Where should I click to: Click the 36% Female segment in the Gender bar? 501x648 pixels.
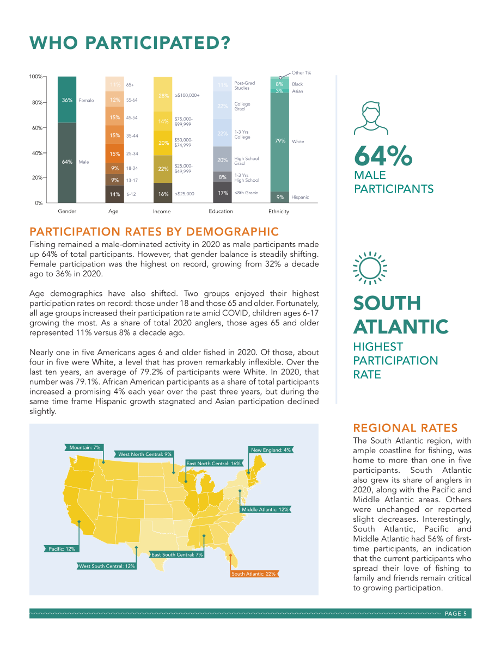67,100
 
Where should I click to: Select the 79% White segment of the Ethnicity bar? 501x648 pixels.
280,143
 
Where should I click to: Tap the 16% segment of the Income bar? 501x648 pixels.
163,193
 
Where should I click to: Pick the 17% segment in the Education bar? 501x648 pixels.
223,192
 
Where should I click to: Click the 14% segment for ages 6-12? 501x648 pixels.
114,194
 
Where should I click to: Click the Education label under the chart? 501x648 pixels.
221,211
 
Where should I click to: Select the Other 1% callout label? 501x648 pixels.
301,73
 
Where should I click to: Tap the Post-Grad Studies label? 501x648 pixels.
245,85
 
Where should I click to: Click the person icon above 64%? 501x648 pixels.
371,119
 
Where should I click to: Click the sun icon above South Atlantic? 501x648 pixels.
370,268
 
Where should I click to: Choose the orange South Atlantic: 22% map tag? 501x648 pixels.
254,573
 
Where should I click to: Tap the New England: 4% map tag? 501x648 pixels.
271,450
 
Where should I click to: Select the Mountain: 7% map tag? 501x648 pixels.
84,448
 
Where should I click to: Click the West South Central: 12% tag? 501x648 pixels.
107,566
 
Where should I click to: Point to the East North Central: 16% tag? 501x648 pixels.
213,463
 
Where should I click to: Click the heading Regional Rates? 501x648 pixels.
406,428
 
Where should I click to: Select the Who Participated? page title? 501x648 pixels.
130,43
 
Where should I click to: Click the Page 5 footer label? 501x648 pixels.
455,614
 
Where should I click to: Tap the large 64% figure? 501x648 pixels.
383,156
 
